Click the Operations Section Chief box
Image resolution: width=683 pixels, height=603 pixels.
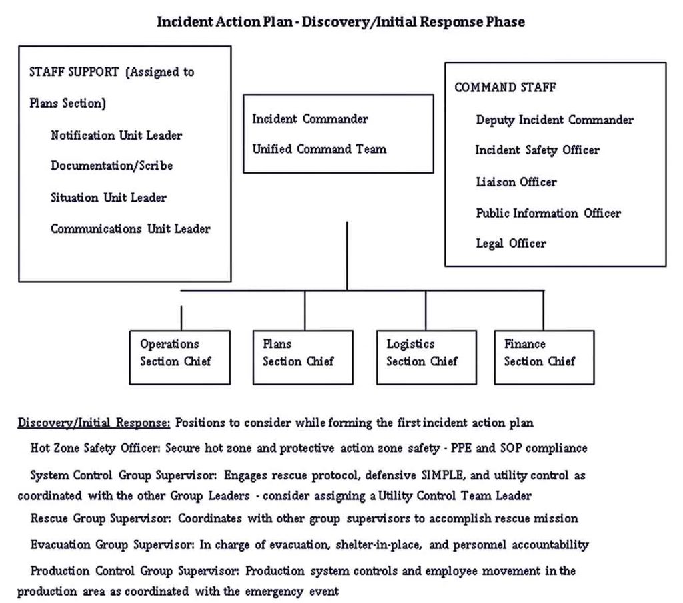[x=175, y=357]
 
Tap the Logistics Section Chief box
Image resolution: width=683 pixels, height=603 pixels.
[x=426, y=357]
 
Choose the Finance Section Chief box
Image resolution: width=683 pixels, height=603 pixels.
[x=544, y=357]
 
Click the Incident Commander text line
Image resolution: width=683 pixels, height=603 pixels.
[x=309, y=119]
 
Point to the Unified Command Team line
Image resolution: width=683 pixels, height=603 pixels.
[x=319, y=149]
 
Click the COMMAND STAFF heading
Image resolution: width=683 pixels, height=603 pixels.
[x=505, y=87]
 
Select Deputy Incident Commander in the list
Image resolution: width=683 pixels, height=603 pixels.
[x=554, y=120]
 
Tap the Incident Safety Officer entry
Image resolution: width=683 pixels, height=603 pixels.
[x=537, y=150]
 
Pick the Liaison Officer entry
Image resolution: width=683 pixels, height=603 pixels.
[x=516, y=182]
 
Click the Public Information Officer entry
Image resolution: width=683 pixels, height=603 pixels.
[x=548, y=213]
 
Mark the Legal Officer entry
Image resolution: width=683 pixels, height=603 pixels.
[x=510, y=244]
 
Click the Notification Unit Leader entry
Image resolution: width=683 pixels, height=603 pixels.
[x=116, y=135]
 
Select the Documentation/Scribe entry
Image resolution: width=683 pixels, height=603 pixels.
[x=111, y=166]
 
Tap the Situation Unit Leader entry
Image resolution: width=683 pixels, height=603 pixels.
[x=108, y=197]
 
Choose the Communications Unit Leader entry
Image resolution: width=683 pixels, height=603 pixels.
[x=130, y=228]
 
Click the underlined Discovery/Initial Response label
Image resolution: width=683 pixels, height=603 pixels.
[x=94, y=423]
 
